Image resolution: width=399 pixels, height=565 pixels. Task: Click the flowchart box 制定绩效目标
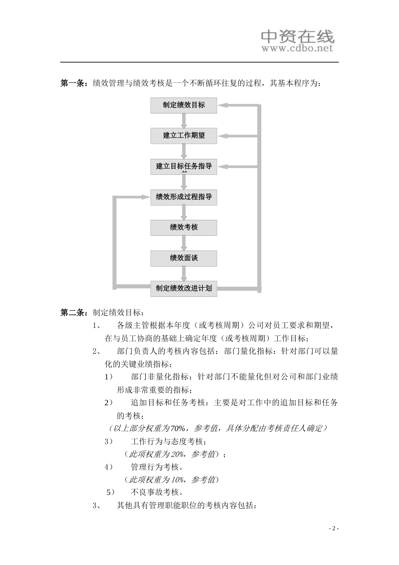coord(184,105)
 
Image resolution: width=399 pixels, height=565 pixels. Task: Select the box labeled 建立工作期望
coord(184,136)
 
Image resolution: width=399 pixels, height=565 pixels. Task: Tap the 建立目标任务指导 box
coord(184,166)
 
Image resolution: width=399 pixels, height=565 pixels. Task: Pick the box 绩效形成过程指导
coord(184,197)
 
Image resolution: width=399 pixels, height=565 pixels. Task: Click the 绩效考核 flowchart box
coord(184,227)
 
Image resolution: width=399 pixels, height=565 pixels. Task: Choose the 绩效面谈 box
coord(184,258)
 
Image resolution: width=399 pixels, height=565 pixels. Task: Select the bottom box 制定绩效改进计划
coord(184,288)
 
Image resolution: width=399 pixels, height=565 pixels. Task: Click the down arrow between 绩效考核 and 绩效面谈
coord(184,243)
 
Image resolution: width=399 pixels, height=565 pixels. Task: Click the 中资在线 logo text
coord(297,37)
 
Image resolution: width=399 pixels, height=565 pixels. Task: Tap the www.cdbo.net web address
coord(297,48)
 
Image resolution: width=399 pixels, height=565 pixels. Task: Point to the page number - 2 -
coord(333,528)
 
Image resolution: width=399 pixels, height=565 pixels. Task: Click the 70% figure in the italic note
coord(178,428)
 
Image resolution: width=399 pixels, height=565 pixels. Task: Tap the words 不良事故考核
coord(157,492)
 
